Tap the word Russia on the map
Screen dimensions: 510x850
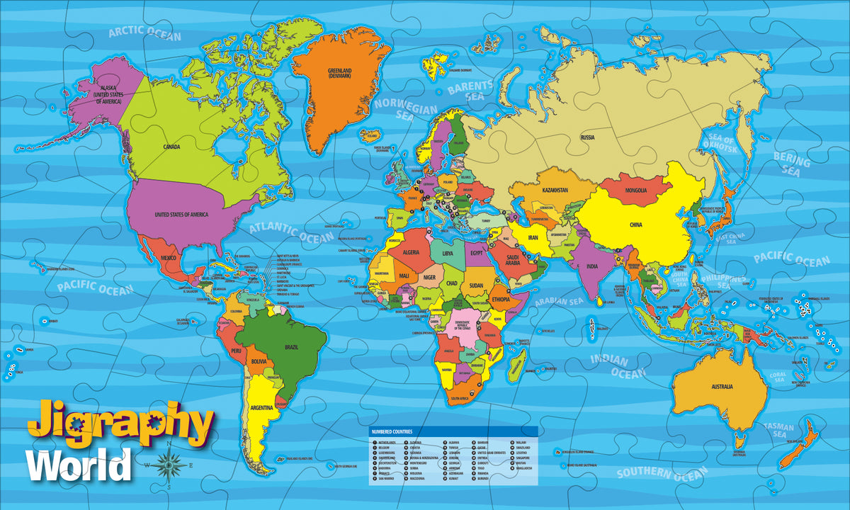pyautogui.click(x=587, y=137)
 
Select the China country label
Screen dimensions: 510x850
pyautogui.click(x=635, y=225)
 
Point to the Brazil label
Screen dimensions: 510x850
pyautogui.click(x=290, y=347)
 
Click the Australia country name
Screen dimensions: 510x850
pyautogui.click(x=722, y=387)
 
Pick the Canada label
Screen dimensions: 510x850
pyautogui.click(x=171, y=147)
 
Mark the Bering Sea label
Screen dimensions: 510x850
pyautogui.click(x=791, y=163)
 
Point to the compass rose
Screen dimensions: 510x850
pyautogui.click(x=169, y=465)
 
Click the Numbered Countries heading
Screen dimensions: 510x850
pyautogui.click(x=392, y=431)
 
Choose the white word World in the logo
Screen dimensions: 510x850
pyautogui.click(x=79, y=465)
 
